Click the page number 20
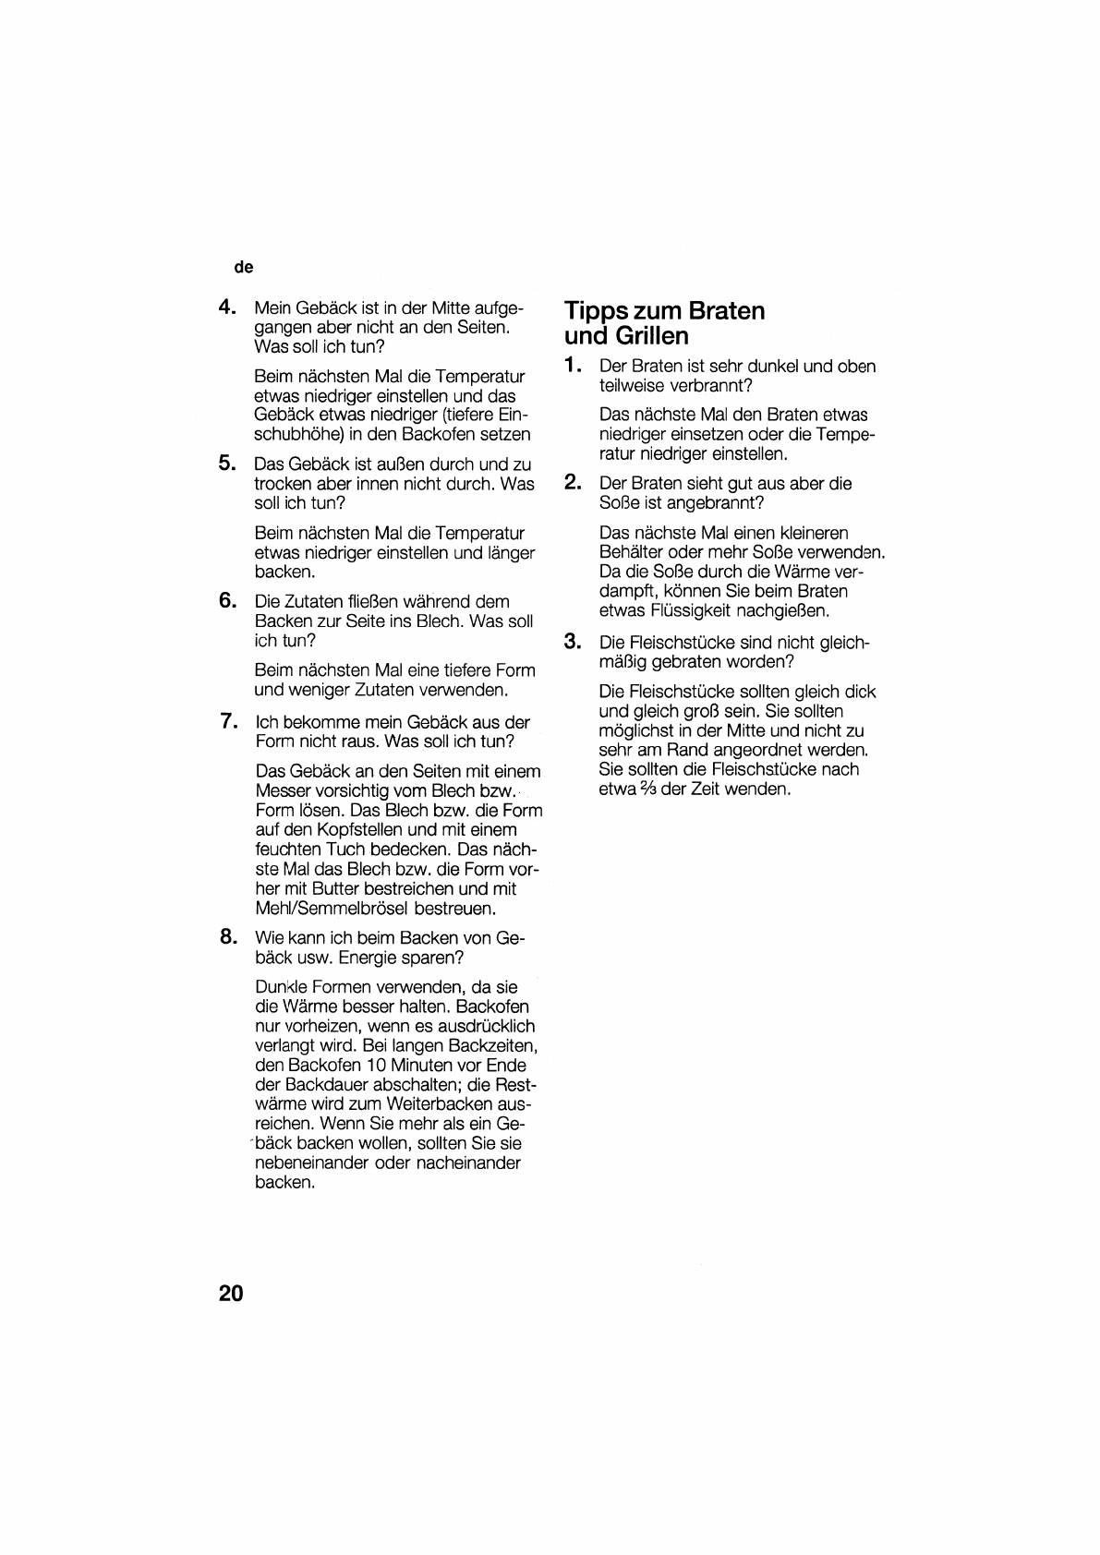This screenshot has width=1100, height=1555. coord(231,1293)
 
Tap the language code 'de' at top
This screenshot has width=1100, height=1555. coord(244,268)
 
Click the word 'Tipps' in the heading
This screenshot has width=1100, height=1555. coord(597,311)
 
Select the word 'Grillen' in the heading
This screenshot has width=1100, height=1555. coord(652,335)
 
